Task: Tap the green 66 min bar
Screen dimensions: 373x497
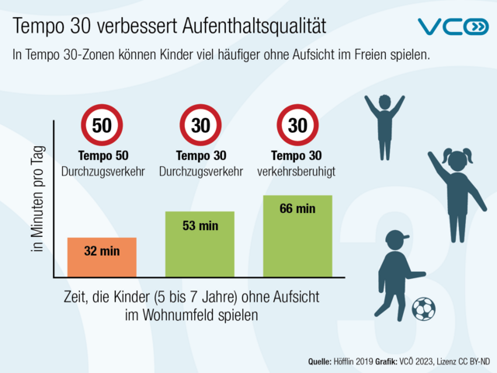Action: [x=297, y=236]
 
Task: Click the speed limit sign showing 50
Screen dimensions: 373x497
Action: [x=102, y=124]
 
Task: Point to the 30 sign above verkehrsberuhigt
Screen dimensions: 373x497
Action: [x=297, y=124]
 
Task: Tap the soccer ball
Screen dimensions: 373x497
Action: [x=423, y=309]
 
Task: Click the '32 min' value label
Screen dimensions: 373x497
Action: [x=102, y=251]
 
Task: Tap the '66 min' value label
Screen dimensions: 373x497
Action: [x=297, y=208]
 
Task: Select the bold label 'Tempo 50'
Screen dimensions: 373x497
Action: [x=102, y=155]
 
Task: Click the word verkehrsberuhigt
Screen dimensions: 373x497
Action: [x=297, y=169]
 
